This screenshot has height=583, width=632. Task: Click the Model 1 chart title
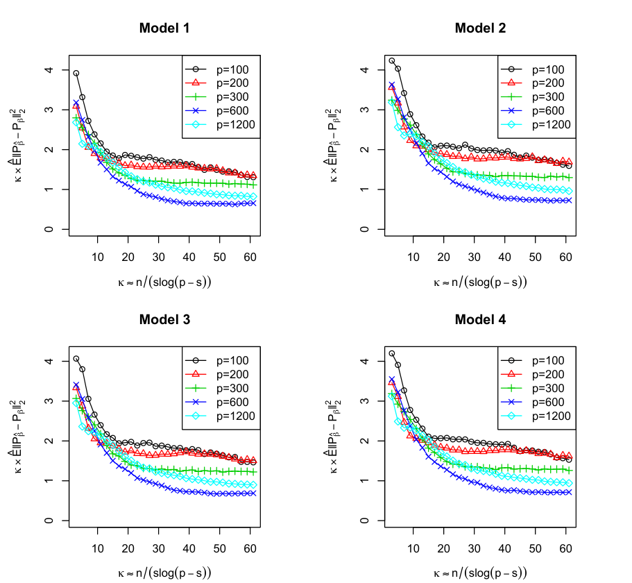coord(164,28)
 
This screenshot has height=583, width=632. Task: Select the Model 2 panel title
coord(480,28)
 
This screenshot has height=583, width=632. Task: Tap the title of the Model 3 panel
coord(164,320)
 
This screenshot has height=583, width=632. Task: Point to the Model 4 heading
coord(480,320)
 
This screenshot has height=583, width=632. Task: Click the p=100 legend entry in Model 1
coord(217,69)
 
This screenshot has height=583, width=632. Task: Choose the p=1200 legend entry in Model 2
coord(536,125)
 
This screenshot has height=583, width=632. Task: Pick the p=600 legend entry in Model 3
coord(217,402)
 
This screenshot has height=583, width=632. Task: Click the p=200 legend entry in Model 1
coord(217,83)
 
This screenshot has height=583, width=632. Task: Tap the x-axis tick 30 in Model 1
coord(158,257)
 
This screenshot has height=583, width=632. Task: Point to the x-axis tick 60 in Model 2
coord(565,257)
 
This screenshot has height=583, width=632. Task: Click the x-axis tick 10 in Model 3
coord(98,549)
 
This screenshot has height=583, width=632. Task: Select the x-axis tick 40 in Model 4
coord(504,549)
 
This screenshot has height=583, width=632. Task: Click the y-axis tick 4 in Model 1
coord(49,69)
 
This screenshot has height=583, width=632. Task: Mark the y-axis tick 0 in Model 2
coord(364,230)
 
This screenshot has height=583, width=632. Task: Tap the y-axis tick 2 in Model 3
coord(49,441)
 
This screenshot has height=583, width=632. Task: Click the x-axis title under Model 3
coord(164,573)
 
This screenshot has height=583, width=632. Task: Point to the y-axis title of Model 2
coord(332,145)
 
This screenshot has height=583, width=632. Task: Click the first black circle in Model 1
coord(76,74)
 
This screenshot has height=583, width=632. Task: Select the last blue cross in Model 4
coord(569,492)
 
